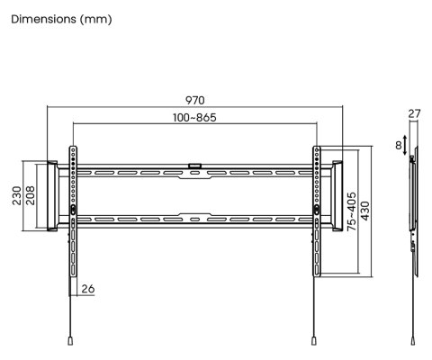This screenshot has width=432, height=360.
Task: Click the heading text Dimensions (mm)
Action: pos(61,20)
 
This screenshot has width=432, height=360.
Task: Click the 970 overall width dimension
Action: pos(195,100)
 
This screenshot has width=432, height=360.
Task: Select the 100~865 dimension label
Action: pos(194,118)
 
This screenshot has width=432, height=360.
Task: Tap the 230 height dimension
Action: pos(17,195)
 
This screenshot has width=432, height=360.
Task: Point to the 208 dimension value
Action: pos(30,195)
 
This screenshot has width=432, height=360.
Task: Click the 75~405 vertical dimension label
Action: pos(352,211)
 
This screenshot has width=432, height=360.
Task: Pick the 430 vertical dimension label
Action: pos(365,211)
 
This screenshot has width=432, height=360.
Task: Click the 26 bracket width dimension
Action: pos(88,289)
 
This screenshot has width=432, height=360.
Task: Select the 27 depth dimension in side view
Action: pos(414,114)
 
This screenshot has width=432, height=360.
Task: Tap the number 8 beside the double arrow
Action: pos(399,146)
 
